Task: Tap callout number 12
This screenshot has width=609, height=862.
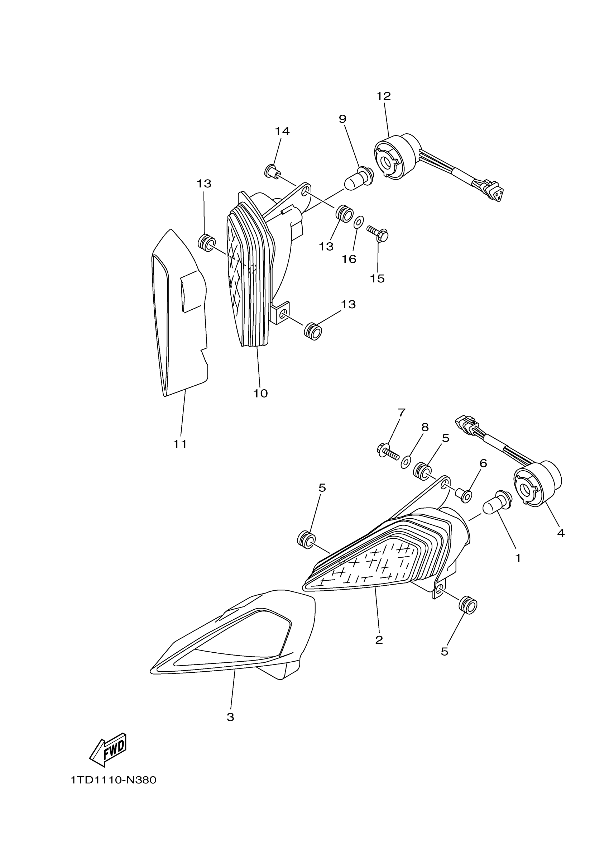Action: (383, 96)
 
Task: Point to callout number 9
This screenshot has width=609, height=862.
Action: (342, 119)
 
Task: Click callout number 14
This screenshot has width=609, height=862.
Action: (282, 131)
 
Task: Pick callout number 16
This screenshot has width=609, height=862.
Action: (349, 259)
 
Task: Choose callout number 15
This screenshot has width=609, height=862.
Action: (378, 278)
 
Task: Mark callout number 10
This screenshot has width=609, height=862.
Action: (260, 394)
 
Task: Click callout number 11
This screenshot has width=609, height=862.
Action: (180, 444)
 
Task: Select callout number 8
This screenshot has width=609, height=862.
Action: (425, 427)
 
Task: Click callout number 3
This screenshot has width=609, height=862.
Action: (230, 717)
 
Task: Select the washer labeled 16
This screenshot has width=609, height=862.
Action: (358, 222)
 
